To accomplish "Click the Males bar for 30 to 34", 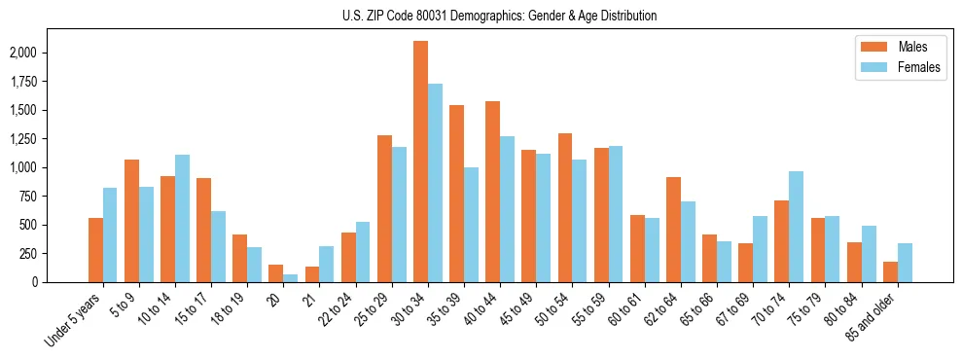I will pos(420,162).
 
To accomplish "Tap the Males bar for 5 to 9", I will pos(131,221).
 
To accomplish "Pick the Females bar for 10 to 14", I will pos(182,218).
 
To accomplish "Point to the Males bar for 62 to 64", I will pos(673,230).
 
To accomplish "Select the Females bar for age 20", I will pos(291,278).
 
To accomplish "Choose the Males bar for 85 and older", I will pos(890,271).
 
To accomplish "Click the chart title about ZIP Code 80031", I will pos(499,16).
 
